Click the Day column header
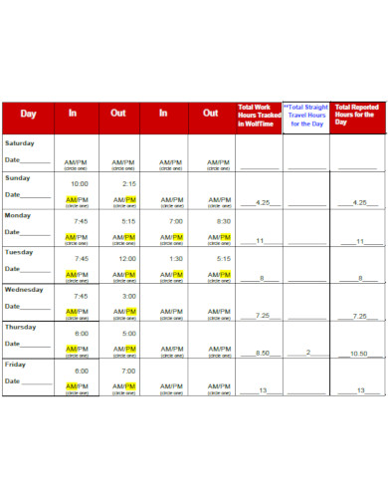[28, 114]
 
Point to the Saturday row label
[21, 142]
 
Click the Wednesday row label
[24, 290]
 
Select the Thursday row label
[22, 327]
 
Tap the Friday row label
[17, 364]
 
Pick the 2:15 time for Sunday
[128, 184]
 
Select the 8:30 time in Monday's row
[223, 221]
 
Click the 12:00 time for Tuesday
[128, 258]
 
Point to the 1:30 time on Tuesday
[176, 258]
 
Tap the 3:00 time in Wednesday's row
[128, 296]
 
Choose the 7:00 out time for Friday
[128, 371]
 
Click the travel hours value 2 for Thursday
[308, 353]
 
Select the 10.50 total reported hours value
[359, 354]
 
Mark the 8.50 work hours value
[263, 353]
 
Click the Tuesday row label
[20, 252]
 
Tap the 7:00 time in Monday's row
[176, 221]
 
